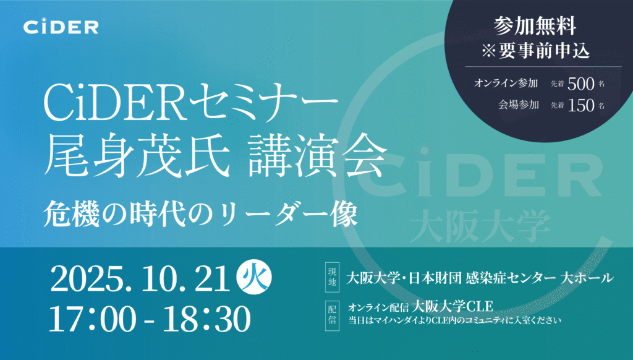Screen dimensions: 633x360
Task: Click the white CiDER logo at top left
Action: pos(61,27)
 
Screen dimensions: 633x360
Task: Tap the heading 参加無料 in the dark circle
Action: pos(535,26)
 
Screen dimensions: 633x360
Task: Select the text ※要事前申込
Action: pos(535,51)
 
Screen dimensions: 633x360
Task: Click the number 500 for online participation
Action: pos(581,84)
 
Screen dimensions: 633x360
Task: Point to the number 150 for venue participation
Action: pos(581,105)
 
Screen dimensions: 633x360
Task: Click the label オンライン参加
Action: pos(506,84)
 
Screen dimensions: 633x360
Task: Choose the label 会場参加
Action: pos(519,105)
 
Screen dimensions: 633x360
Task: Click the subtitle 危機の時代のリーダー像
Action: pos(201,214)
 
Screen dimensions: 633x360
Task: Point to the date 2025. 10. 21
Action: pos(140,280)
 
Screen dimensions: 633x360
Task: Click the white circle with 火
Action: pos(254,278)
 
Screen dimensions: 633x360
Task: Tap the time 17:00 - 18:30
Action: pos(150,319)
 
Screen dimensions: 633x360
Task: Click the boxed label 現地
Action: pos(332,277)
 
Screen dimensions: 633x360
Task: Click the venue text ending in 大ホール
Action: pos(480,278)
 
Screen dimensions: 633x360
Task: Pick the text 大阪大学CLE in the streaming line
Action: pos(452,306)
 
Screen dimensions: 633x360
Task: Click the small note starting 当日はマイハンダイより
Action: pos(454,321)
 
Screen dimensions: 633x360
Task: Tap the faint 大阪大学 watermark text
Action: pos(480,226)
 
